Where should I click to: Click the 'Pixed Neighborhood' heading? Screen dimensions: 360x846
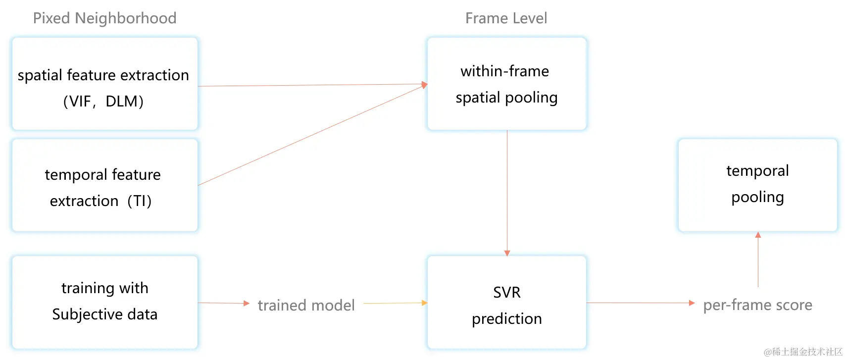(104, 18)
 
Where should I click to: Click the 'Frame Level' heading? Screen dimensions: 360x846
(506, 18)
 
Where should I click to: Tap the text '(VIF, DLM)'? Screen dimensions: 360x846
(103, 102)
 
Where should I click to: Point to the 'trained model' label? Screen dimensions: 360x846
(306, 305)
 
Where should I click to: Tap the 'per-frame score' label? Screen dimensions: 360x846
(757, 305)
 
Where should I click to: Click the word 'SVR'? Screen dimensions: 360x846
(506, 293)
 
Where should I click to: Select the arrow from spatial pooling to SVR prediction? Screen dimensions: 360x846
(507, 193)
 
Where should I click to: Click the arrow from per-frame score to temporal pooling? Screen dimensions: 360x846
(758, 260)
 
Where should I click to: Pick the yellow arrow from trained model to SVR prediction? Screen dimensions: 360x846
(395, 303)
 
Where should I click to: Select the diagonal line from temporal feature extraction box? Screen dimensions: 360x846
(312, 135)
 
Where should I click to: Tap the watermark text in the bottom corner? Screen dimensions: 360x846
(802, 352)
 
